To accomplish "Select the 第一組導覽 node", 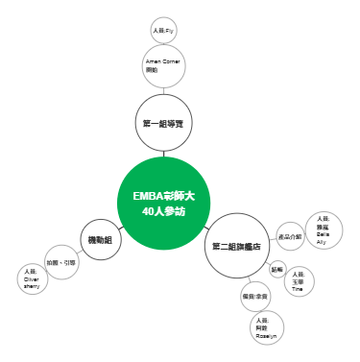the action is tap(162, 124).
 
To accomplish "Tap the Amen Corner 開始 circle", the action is tap(162, 66).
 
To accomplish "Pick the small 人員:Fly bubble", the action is tap(162, 30).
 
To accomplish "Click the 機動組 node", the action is tap(99, 239).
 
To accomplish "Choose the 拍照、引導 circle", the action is tap(61, 262).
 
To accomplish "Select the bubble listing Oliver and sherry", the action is tap(32, 278).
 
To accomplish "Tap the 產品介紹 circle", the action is tap(290, 235).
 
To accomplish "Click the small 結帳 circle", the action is tap(277, 269).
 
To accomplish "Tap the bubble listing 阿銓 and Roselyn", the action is tap(266, 328).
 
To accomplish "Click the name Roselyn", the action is tap(266, 337).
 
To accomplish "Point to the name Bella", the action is tap(322, 233).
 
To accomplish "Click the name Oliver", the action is tap(32, 278).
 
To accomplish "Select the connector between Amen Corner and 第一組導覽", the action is tap(162, 91).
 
